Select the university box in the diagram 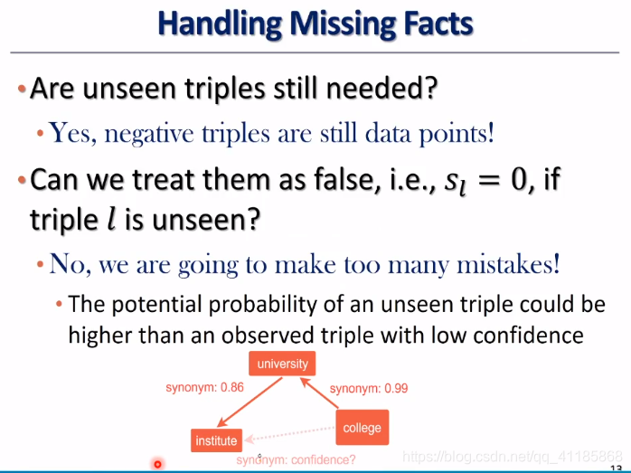[282, 364]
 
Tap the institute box [216, 440]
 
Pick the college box [363, 428]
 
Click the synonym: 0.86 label [205, 387]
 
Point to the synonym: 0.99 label [369, 389]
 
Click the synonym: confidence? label [296, 459]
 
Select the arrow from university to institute [250, 402]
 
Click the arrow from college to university [319, 393]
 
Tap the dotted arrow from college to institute [290, 434]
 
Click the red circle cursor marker [157, 465]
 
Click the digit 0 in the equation [519, 180]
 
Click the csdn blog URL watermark [513, 456]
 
